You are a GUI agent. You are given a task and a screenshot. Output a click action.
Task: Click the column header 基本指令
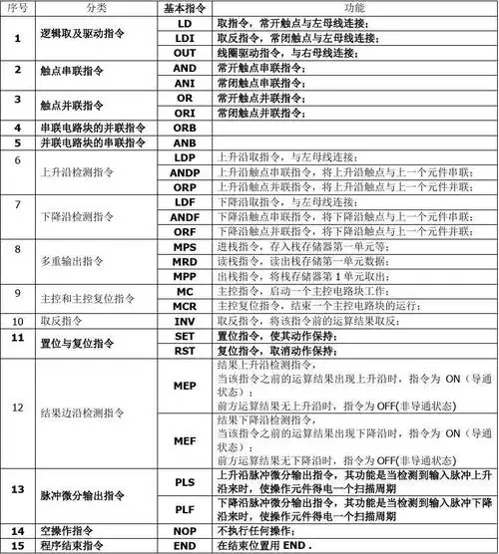click(186, 7)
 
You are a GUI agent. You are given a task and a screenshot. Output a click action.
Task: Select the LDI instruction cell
click(186, 37)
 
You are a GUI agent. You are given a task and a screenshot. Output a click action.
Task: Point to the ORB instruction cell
click(186, 129)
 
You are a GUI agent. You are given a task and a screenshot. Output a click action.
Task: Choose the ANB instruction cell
click(186, 142)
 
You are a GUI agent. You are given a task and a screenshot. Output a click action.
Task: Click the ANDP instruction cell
click(186, 172)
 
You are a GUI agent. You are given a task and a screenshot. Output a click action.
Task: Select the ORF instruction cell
click(186, 231)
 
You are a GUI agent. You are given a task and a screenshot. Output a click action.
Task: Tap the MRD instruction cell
click(186, 261)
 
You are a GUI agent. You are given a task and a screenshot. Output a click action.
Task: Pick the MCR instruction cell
click(186, 306)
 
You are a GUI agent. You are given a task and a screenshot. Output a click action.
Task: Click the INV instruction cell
click(186, 322)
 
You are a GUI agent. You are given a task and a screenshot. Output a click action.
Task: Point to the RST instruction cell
click(186, 352)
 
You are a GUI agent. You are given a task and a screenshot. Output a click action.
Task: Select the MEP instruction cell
click(186, 386)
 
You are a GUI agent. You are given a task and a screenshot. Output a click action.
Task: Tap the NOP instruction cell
click(186, 531)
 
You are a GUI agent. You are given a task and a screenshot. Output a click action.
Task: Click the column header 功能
click(354, 7)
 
